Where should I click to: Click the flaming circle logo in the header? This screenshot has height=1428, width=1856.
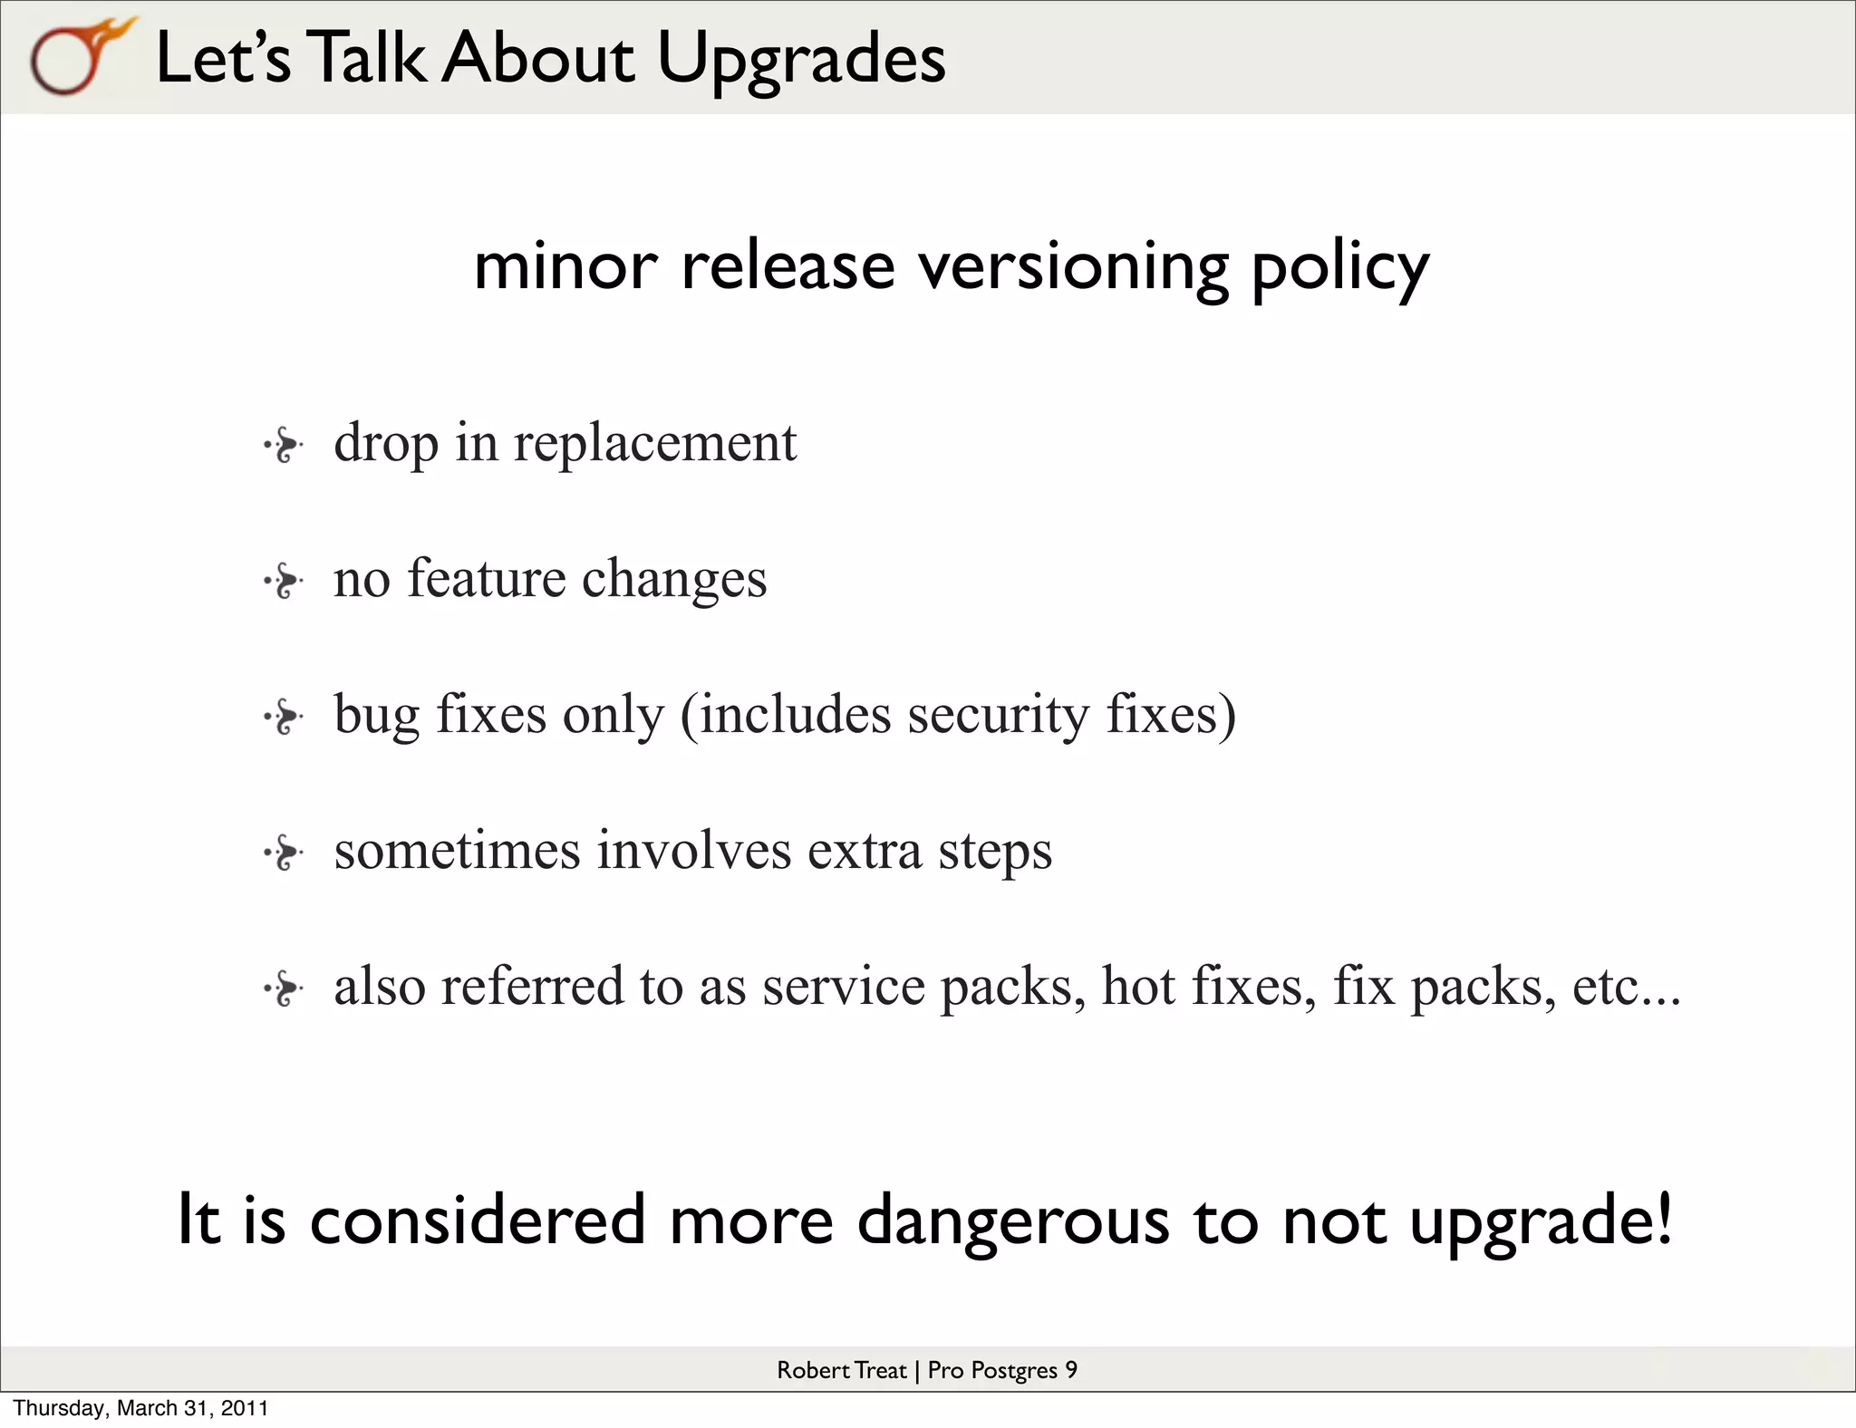click(x=77, y=57)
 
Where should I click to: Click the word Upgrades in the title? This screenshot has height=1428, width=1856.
click(x=801, y=59)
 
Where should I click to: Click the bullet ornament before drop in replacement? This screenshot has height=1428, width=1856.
click(x=285, y=445)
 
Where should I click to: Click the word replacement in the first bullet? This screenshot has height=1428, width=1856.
click(x=655, y=444)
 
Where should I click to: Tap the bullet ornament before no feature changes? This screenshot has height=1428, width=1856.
click(x=285, y=581)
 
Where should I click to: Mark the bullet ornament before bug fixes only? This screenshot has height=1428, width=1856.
click(x=285, y=717)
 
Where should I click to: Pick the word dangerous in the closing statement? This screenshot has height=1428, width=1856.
click(x=1013, y=1221)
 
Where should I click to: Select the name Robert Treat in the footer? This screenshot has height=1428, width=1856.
click(x=841, y=1370)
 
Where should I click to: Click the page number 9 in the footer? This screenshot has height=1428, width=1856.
click(x=1070, y=1370)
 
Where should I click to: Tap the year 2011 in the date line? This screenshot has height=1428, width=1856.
click(x=245, y=1408)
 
